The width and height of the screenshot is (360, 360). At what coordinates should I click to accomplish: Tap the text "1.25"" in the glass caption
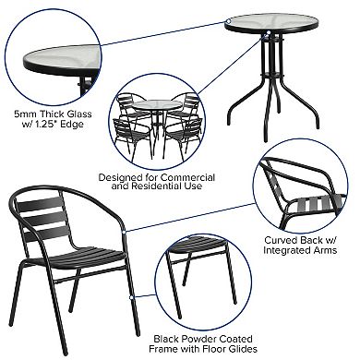point(47,126)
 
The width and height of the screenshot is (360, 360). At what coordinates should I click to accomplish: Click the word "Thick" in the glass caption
point(49,114)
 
